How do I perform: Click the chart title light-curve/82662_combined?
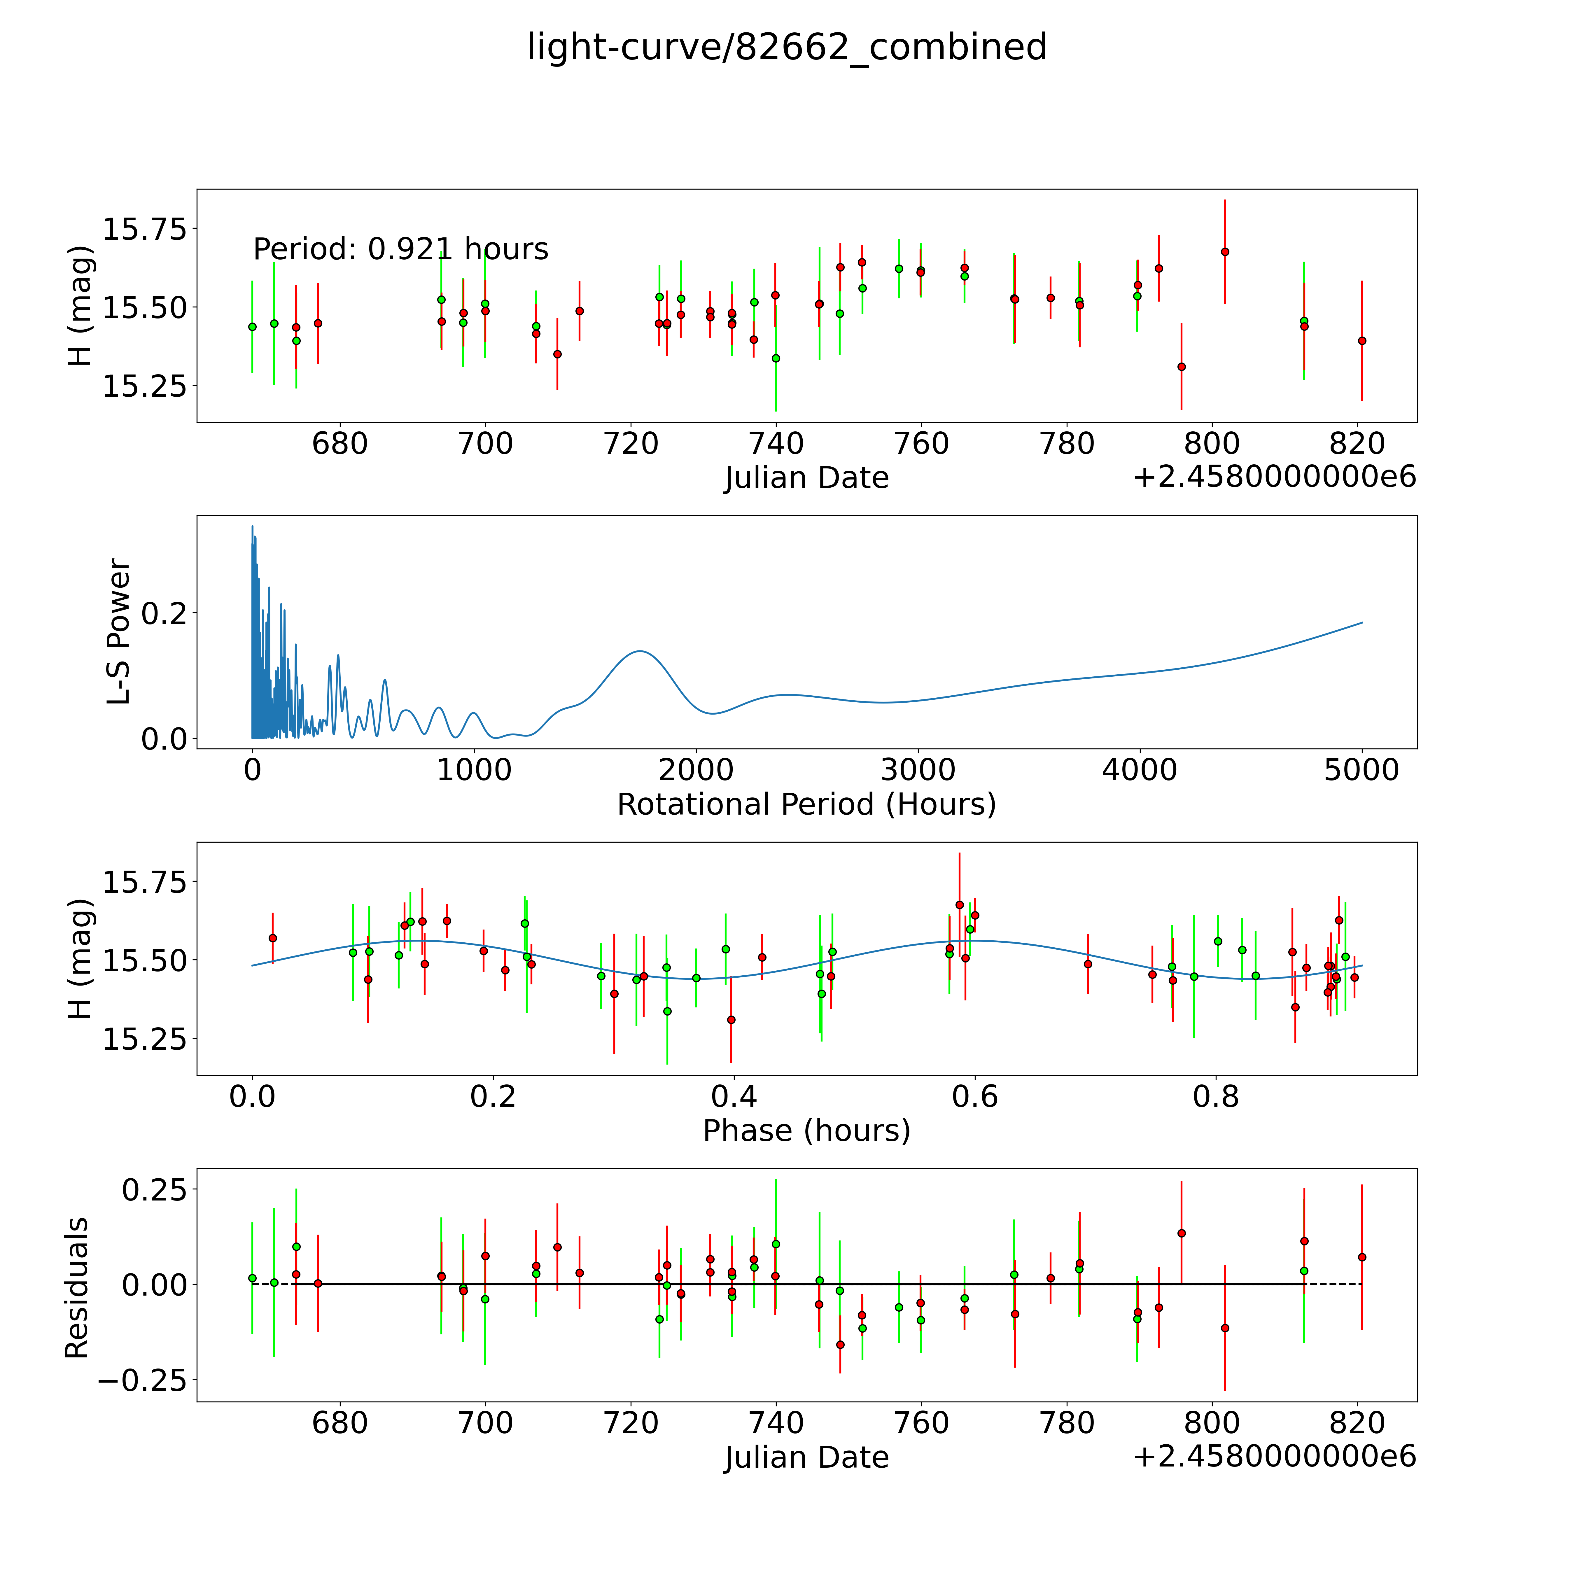point(787,47)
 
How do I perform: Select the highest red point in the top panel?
point(1224,252)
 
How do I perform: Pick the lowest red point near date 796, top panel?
point(1181,367)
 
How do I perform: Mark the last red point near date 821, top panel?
point(1361,341)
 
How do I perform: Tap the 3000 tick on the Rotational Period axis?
point(918,770)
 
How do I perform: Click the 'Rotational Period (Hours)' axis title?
point(806,805)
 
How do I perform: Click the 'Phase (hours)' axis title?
point(806,1131)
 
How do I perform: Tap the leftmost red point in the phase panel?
point(272,938)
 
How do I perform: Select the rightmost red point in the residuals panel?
point(1361,1257)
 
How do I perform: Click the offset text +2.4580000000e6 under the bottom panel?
point(1274,1456)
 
